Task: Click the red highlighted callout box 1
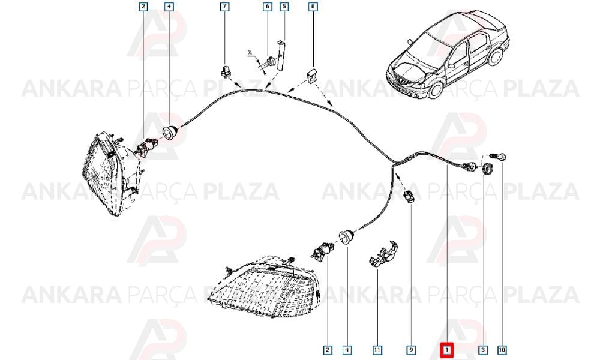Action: (446, 350)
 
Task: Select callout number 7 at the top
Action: (224, 7)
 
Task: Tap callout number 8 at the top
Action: (313, 7)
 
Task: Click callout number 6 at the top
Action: (268, 7)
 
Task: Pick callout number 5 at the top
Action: (284, 7)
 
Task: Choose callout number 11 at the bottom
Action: (377, 350)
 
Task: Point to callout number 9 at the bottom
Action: (410, 350)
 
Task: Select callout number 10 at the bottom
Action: (502, 350)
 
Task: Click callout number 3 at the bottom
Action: (483, 350)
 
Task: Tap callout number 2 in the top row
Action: (143, 7)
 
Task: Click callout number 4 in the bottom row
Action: (347, 350)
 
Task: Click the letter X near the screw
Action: (250, 52)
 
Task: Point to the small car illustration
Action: (448, 53)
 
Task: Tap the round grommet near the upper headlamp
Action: (170, 131)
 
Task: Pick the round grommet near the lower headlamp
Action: (347, 236)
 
